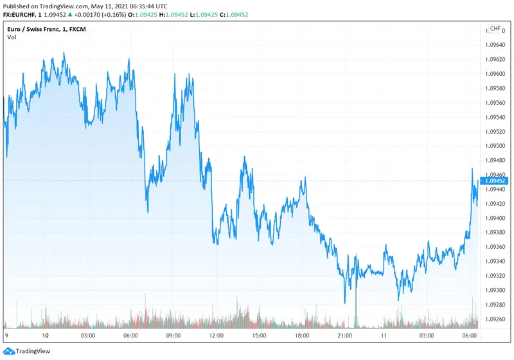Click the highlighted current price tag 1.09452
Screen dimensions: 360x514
(x=495, y=181)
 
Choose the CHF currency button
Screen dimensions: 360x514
(x=495, y=29)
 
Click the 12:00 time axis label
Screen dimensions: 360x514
(x=216, y=336)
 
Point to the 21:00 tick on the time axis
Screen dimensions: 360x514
(x=344, y=336)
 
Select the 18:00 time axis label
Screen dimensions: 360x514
(x=301, y=336)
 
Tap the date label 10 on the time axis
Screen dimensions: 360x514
(x=46, y=336)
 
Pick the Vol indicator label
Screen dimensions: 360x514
(x=12, y=37)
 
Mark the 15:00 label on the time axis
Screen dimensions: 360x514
(x=259, y=336)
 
